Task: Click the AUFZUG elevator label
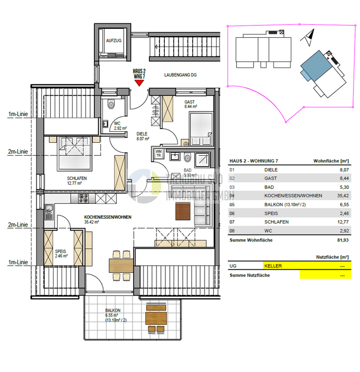pos(114,41)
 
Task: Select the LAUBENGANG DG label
pos(181,74)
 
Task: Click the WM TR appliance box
pos(158,153)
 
